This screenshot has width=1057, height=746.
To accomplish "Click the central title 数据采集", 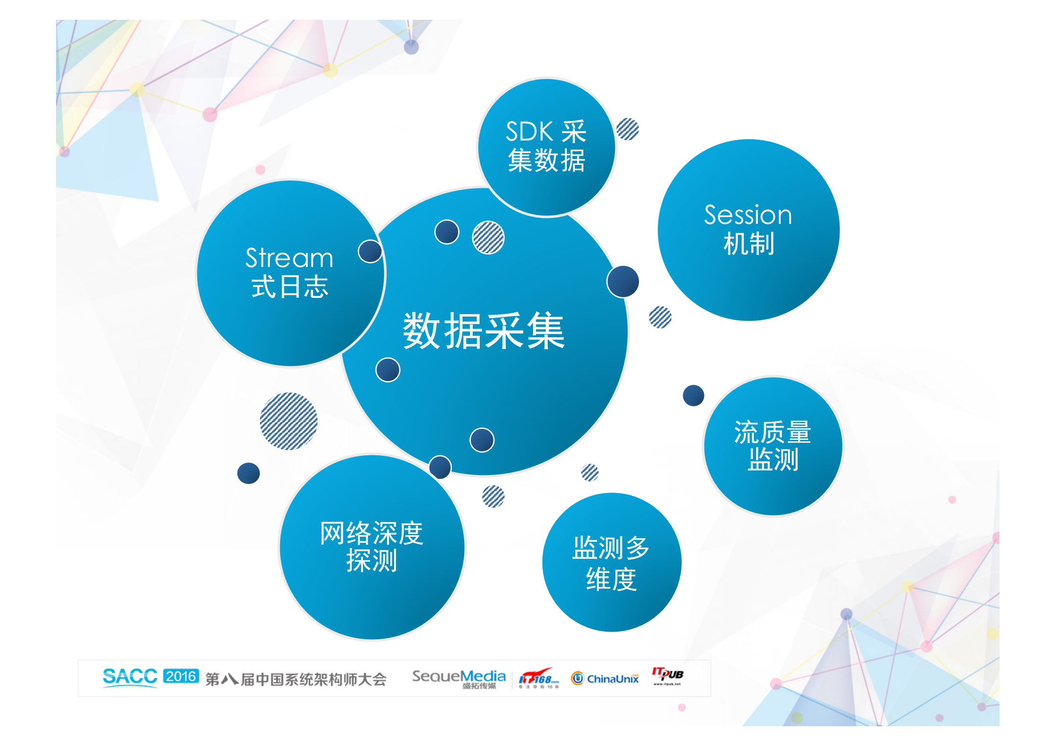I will click(484, 331).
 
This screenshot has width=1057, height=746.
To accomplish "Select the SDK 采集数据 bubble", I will click(546, 147).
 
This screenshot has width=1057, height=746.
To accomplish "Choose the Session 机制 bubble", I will click(748, 230).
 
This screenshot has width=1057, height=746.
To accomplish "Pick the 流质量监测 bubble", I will click(773, 446).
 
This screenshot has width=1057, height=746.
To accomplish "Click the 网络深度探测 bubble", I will click(372, 547).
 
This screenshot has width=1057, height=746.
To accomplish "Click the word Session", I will click(748, 215).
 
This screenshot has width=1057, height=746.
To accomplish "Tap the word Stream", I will click(289, 258).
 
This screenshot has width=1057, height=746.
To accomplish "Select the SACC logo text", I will click(130, 676).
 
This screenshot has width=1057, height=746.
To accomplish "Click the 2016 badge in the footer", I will click(181, 676).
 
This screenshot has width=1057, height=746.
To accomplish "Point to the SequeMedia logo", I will click(459, 678).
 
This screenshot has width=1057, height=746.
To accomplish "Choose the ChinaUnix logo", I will click(605, 678).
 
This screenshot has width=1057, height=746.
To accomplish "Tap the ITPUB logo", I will click(667, 675).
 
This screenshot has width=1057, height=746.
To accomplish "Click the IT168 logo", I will click(539, 679).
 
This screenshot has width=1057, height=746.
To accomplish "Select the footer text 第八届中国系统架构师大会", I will click(296, 679).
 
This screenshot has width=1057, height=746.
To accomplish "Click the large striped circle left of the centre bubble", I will click(289, 421).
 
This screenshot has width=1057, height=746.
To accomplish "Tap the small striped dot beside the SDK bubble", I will click(628, 129).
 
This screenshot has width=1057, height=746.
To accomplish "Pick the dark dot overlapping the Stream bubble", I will click(370, 252).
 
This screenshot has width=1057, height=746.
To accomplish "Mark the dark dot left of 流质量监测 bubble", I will click(693, 395).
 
